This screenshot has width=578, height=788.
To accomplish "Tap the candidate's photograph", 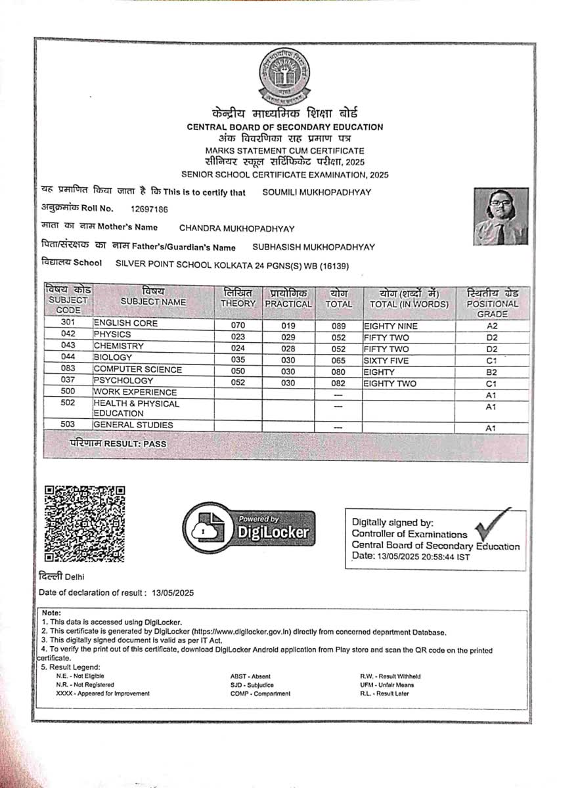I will click(x=501, y=216).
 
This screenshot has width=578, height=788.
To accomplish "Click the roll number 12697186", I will click(x=149, y=209).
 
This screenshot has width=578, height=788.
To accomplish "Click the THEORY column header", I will click(x=238, y=298).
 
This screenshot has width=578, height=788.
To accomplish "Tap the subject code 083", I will click(x=68, y=369).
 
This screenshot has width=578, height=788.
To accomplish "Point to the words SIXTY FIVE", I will click(x=386, y=361).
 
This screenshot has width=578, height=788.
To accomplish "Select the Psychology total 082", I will click(x=338, y=383).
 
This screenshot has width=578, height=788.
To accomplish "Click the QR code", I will click(x=84, y=523).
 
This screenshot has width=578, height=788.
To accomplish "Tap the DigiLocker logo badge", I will click(x=249, y=528).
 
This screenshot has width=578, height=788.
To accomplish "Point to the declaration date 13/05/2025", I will click(x=173, y=592).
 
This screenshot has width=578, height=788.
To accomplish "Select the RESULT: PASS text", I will click(x=118, y=444).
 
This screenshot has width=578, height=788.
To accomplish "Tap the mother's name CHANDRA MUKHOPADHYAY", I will click(x=236, y=229).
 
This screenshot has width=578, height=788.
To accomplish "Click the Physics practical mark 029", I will click(x=288, y=337).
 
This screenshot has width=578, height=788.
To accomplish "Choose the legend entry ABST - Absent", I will click(x=250, y=676).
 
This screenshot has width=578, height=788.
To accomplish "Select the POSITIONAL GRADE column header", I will click(x=492, y=303).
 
